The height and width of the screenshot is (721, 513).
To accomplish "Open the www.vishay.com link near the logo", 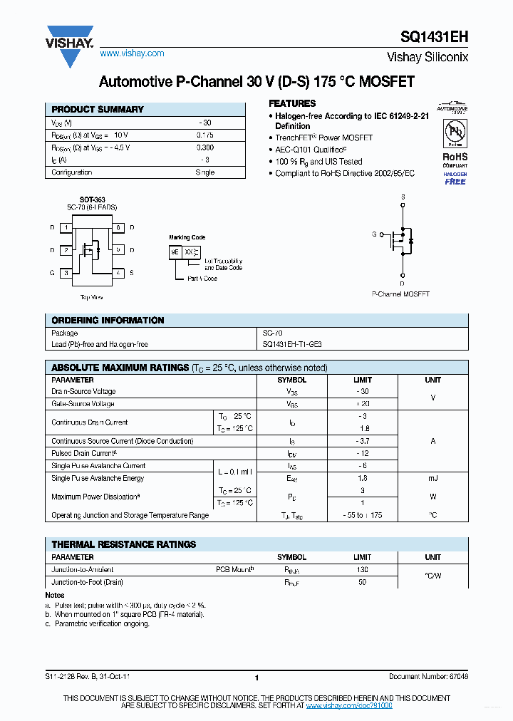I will [x=132, y=53].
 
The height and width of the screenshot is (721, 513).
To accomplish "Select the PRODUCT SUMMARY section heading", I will [x=98, y=110].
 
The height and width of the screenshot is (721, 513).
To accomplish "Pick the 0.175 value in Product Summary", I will [x=204, y=135].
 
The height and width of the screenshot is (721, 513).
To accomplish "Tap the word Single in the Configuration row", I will [x=204, y=172].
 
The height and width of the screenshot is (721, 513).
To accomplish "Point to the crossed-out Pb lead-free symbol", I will [x=455, y=133].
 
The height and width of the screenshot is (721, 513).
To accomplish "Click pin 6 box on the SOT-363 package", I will [x=118, y=228].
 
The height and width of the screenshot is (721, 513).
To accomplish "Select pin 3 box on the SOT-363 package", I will [x=66, y=273].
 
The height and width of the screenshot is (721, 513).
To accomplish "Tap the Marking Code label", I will [x=187, y=237].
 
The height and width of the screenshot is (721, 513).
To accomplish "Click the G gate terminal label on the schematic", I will [x=373, y=234].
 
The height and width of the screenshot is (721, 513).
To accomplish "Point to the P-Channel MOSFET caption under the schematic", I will [x=400, y=294].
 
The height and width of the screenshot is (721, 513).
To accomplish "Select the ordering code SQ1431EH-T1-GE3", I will [x=292, y=344].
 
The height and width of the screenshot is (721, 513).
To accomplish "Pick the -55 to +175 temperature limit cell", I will [x=362, y=515].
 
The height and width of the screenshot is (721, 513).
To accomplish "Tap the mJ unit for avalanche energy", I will [x=432, y=479].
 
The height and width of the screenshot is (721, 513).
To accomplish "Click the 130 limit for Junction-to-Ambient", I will [x=362, y=569].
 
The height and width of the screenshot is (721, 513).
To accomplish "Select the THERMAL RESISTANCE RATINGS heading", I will [x=123, y=544].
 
